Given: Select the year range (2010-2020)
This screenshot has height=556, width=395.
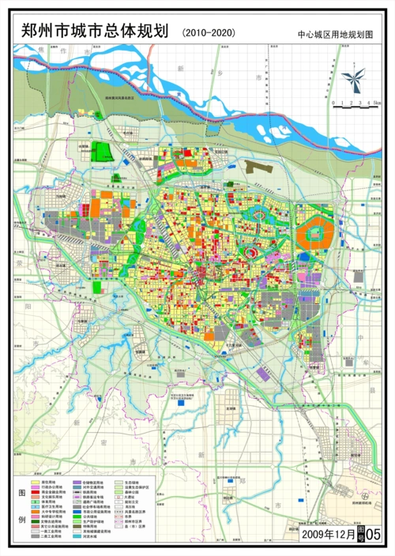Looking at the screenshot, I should (208, 32).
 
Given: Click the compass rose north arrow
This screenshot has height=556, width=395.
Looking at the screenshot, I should (354, 77).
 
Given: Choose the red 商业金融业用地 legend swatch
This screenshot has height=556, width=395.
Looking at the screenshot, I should (36, 491).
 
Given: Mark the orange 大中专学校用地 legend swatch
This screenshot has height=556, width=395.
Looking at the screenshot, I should (36, 512).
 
